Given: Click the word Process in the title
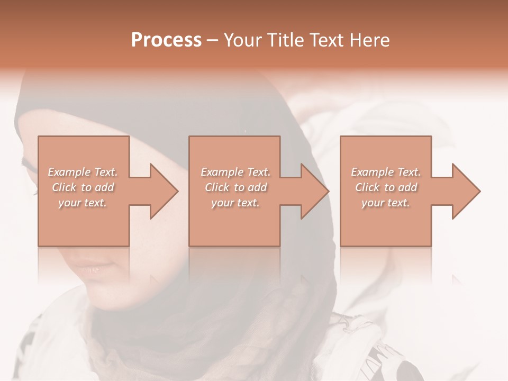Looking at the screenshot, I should click(x=166, y=40).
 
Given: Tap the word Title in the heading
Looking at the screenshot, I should click(x=282, y=40).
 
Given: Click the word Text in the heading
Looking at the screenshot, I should click(x=325, y=40).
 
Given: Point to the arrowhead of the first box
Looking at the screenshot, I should click(x=164, y=191).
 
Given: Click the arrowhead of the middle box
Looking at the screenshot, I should click(x=315, y=191).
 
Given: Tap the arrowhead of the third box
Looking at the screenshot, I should click(x=466, y=191).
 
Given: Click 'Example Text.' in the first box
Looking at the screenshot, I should click(x=83, y=172).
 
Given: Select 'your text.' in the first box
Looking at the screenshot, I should click(x=83, y=203).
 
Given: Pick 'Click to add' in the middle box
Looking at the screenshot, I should click(x=235, y=187).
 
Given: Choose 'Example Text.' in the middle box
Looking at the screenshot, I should click(x=235, y=172).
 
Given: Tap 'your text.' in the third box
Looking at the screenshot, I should click(x=386, y=203).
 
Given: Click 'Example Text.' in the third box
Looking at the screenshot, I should click(x=386, y=172).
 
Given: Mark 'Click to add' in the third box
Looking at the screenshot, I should click(x=386, y=187).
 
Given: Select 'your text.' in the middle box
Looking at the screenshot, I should click(x=235, y=203).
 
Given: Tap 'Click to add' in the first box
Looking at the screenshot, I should click(x=83, y=187).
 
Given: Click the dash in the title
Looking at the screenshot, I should click(x=213, y=41).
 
